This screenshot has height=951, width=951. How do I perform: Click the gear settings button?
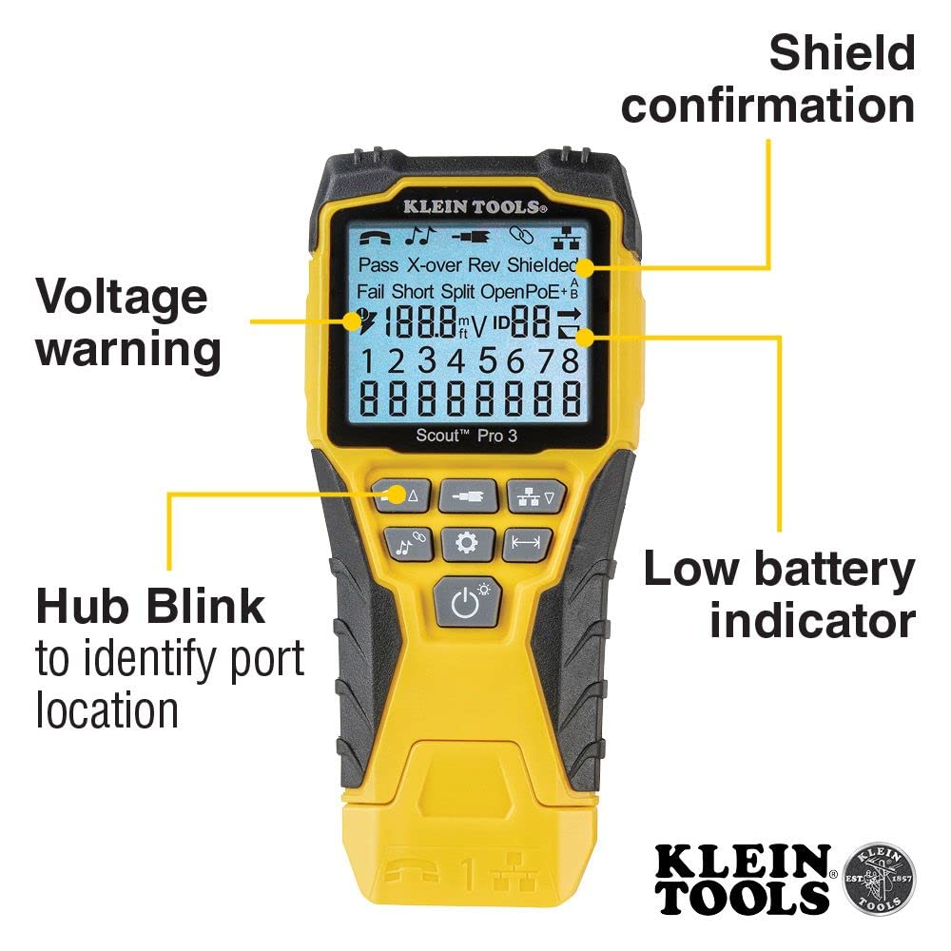[466, 543]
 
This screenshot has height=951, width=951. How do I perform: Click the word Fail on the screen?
[371, 291]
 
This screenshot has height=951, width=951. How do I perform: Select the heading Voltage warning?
[128, 323]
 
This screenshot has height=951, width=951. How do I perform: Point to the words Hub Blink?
[150, 606]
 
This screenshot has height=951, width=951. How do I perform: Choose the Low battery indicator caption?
[779, 594]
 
